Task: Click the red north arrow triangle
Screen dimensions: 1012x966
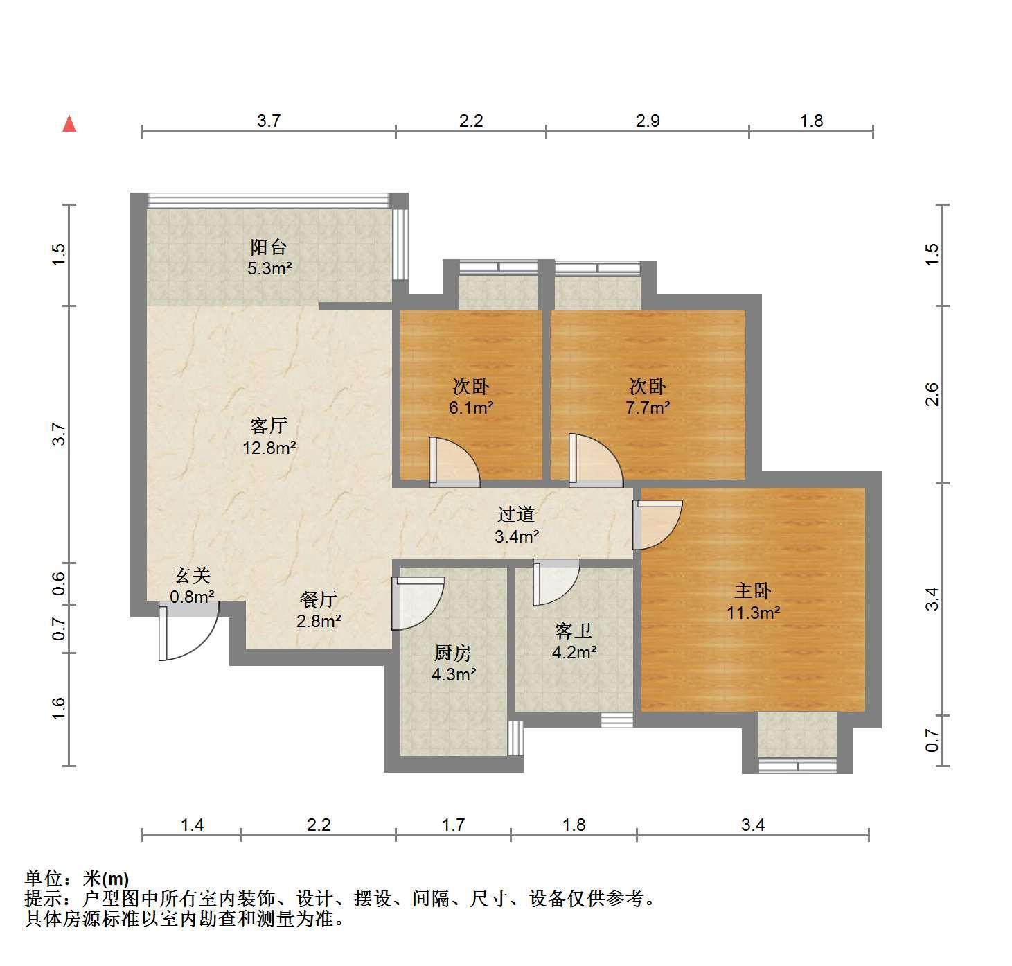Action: tap(69, 124)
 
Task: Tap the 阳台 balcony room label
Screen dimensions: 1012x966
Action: tap(268, 247)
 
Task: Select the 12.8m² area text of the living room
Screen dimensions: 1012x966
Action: tap(269, 448)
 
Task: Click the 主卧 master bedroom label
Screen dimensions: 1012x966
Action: tap(752, 590)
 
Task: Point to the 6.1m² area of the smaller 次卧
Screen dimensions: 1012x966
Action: tap(471, 408)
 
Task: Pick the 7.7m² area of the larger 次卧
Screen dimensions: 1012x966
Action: tap(648, 408)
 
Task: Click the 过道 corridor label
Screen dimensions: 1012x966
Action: tap(516, 514)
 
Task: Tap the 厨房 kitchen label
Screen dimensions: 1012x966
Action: tap(452, 653)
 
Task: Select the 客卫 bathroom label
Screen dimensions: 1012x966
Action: tap(574, 631)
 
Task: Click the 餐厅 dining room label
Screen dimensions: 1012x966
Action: tap(318, 599)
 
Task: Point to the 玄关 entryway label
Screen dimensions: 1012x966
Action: tap(192, 575)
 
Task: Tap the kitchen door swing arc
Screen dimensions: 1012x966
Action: tap(418, 604)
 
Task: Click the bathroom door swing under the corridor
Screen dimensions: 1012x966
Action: tap(556, 582)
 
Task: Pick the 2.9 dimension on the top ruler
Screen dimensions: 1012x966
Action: tap(648, 121)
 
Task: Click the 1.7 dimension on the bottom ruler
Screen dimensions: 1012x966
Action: tap(453, 825)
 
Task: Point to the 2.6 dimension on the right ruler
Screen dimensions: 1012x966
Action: tap(932, 394)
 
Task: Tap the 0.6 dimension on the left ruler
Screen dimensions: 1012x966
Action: tap(59, 583)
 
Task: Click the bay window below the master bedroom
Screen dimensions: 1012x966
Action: tap(797, 743)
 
